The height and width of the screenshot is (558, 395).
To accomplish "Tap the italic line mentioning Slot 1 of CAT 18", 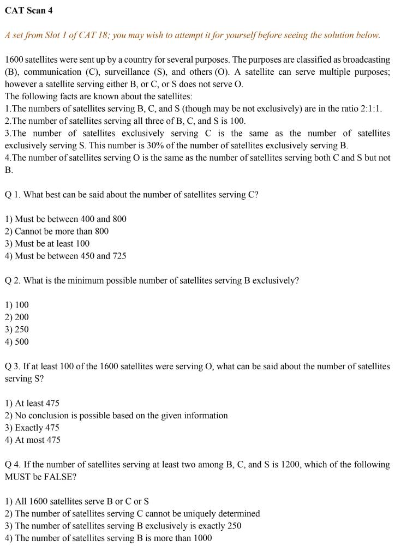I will [192, 35].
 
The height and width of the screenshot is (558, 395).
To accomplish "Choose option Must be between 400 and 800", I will [65, 219].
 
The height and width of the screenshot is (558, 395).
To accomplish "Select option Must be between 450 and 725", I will [65, 256].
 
